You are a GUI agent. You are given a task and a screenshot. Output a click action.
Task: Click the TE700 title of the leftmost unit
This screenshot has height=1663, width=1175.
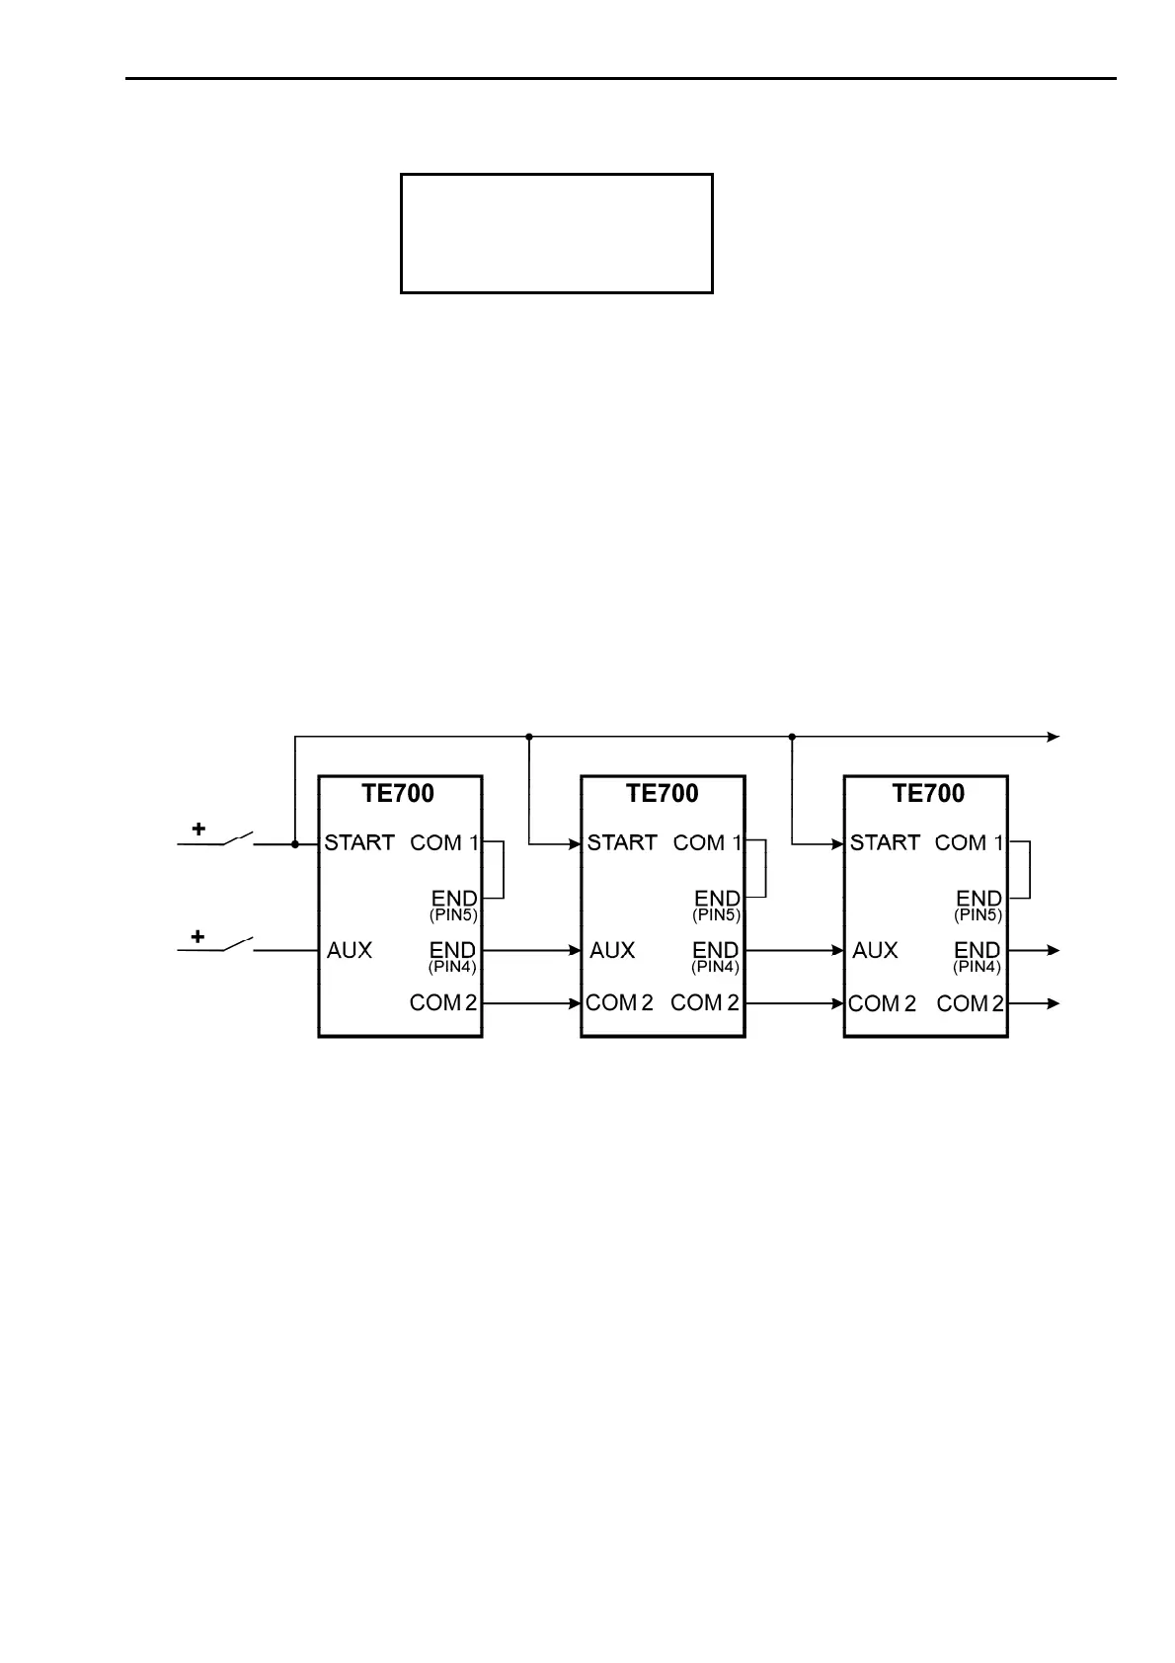coord(398,793)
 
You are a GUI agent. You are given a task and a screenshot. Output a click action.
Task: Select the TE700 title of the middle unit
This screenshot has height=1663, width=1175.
coord(662,793)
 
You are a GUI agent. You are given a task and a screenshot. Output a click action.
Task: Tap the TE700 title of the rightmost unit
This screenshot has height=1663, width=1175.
coord(928,793)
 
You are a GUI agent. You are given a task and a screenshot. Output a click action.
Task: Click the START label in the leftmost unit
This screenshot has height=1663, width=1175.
coord(359,843)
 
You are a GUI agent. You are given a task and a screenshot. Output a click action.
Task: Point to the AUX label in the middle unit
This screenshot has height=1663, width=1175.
coord(612,950)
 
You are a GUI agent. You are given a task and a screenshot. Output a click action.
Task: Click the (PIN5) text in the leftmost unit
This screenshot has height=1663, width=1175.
coord(452,915)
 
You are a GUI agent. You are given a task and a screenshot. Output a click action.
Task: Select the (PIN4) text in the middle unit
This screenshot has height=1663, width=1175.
coord(715,967)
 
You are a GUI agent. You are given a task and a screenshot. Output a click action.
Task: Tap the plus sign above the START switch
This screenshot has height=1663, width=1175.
coord(198,830)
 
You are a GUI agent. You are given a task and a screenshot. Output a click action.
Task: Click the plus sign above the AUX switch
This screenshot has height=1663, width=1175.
coord(198,936)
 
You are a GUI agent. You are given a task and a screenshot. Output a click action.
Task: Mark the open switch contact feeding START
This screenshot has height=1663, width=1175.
coord(238,840)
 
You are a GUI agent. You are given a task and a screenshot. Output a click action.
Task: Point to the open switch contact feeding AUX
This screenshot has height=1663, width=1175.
coord(238,946)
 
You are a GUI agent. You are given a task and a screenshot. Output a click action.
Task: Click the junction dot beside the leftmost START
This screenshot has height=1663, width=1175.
coord(295,844)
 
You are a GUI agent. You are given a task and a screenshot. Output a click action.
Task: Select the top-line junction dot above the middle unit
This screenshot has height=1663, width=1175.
coord(529,737)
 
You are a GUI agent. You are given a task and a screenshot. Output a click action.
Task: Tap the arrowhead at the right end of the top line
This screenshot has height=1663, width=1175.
coord(1054,737)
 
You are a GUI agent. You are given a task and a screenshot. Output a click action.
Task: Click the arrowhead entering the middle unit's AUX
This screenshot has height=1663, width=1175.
coord(575,950)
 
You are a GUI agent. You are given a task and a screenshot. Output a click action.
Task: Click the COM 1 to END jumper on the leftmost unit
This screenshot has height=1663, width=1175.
coord(504,870)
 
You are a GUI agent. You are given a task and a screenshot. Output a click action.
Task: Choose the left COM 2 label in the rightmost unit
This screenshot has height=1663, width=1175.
coord(882,1003)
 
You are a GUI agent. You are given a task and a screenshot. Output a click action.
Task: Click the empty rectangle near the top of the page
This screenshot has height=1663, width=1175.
coord(556,234)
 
